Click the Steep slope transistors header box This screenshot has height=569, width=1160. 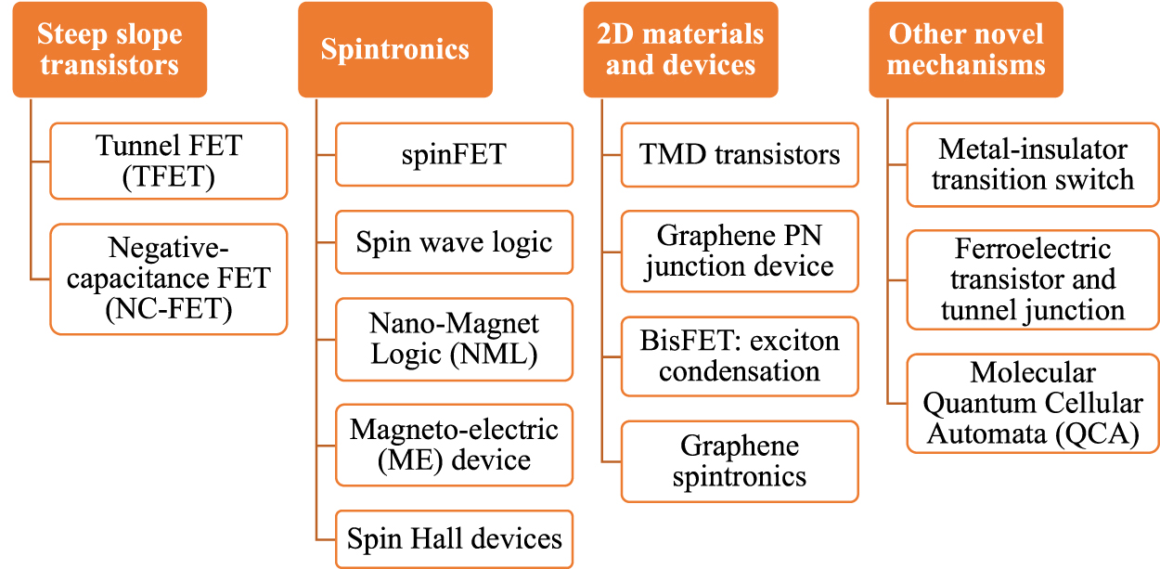[x=110, y=50]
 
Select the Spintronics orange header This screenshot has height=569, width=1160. [x=395, y=50]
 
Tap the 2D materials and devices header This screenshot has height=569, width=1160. [x=680, y=50]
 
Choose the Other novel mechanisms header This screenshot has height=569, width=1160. [x=966, y=50]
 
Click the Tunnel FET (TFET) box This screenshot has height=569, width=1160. [x=169, y=161]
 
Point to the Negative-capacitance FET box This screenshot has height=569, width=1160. [x=169, y=278]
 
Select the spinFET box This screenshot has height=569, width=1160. [x=454, y=154]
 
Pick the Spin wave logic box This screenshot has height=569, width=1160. [x=454, y=242]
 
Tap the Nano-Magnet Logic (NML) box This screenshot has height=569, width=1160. [x=454, y=339]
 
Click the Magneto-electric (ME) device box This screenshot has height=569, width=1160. [x=454, y=445]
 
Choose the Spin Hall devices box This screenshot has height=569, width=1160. [x=454, y=538]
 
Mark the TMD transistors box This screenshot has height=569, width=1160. [x=740, y=154]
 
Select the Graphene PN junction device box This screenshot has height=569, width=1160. [x=740, y=251]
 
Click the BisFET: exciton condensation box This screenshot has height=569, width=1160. [x=740, y=356]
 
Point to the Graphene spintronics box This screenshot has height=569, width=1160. [x=740, y=461]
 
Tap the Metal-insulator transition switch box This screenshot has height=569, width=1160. [x=1033, y=164]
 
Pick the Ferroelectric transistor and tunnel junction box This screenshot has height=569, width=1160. [x=1033, y=279]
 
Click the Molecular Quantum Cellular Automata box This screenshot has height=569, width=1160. [x=1033, y=403]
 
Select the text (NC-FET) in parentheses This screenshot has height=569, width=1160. [x=169, y=308]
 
